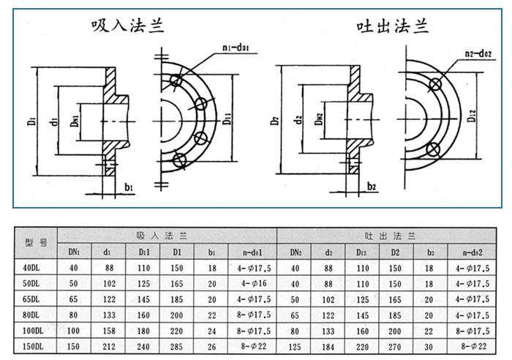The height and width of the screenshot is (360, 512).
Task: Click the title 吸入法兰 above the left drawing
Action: coord(128,26)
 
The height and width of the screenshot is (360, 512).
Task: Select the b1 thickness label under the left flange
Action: coord(129,188)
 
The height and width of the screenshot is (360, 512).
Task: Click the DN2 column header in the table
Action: coord(295,252)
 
